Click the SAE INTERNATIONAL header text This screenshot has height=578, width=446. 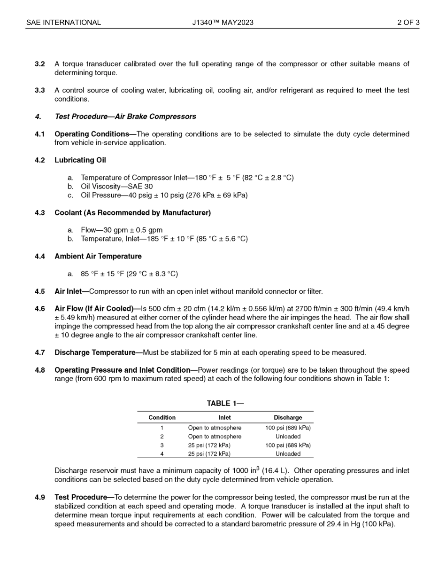click(63, 23)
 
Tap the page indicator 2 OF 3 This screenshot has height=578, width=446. click(408, 23)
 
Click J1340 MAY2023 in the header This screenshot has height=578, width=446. click(223, 23)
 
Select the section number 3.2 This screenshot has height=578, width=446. click(39, 64)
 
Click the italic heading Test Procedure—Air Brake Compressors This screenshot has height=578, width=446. click(125, 117)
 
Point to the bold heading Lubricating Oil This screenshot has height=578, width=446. click(80, 160)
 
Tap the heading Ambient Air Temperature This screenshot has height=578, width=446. click(98, 257)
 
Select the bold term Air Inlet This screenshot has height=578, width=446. click(68, 291)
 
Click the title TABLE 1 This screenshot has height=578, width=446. click(225, 404)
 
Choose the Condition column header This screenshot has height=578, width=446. click(162, 418)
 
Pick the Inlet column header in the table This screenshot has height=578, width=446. click(224, 418)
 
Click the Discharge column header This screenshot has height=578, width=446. click(288, 418)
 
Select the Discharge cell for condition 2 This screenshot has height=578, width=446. click(288, 437)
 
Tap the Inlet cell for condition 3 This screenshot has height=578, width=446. click(209, 445)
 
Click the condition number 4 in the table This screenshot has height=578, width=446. click(162, 454)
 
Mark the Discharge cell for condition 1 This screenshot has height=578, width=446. click(288, 428)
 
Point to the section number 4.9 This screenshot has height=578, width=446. click(39, 497)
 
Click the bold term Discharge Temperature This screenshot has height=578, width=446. click(95, 352)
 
